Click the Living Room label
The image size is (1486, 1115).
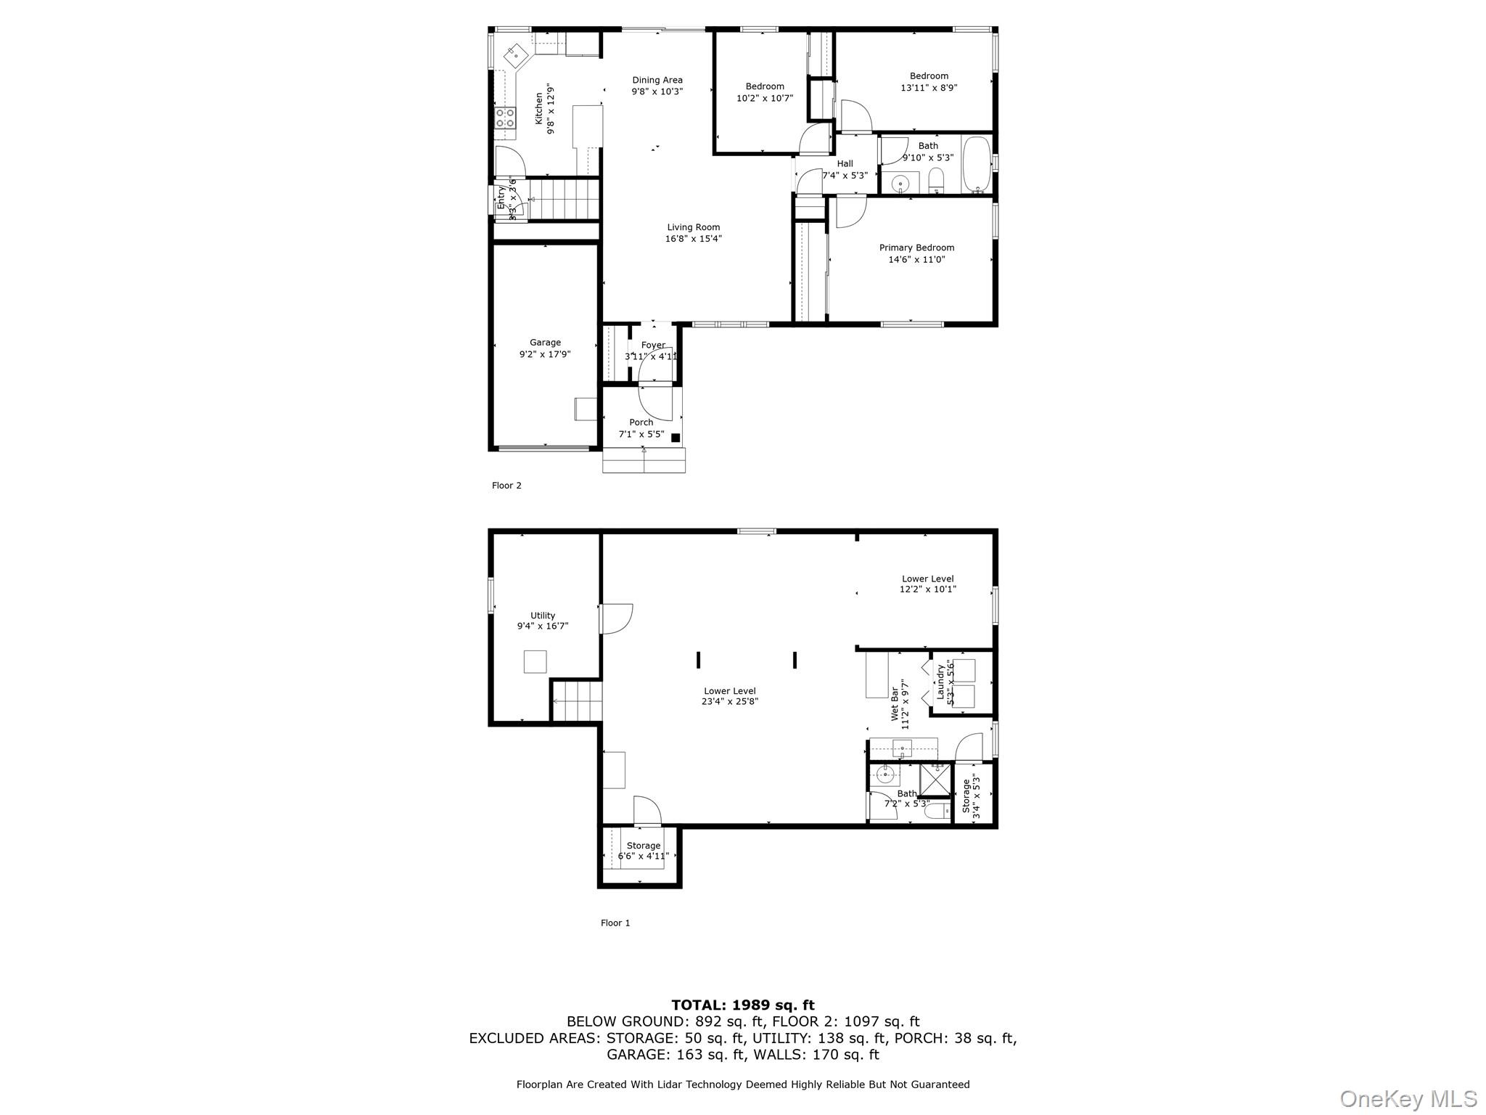tap(693, 227)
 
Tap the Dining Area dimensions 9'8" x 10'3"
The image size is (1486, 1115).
tap(657, 92)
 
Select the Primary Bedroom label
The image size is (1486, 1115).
tap(916, 248)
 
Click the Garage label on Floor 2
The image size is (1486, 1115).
tap(545, 343)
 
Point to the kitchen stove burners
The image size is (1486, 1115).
tap(505, 118)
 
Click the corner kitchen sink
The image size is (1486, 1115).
tap(516, 53)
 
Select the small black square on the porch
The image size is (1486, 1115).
tap(675, 438)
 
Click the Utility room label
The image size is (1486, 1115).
tap(542, 616)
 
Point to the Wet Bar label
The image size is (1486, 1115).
tap(895, 704)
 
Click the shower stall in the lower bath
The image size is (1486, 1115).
tap(935, 779)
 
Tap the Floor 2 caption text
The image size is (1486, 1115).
tap(506, 486)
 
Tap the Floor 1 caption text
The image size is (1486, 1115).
tap(615, 923)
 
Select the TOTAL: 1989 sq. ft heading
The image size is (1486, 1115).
tap(742, 1005)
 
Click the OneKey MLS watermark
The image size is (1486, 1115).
tap(1408, 1099)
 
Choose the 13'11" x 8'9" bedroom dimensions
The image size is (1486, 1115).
tap(929, 88)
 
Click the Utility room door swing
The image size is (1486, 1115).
tap(616, 618)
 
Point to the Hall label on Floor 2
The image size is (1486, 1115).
tap(845, 164)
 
